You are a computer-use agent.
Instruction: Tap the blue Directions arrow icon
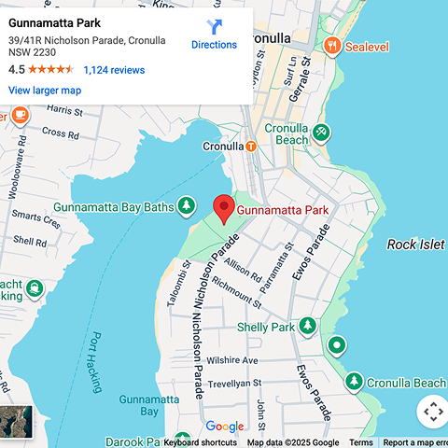click(x=214, y=27)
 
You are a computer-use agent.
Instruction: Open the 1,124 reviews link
click(x=114, y=70)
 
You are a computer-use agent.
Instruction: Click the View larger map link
click(x=45, y=91)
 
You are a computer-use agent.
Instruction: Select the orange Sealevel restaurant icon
click(x=331, y=45)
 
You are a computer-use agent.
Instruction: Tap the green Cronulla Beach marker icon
click(x=321, y=133)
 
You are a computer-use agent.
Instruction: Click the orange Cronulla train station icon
click(x=251, y=147)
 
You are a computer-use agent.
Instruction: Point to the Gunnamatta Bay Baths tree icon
click(x=188, y=205)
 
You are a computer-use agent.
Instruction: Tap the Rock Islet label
click(x=416, y=245)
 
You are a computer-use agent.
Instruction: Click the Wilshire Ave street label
click(x=231, y=360)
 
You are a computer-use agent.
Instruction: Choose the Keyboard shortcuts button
click(x=200, y=442)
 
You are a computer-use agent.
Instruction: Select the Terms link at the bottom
click(x=360, y=442)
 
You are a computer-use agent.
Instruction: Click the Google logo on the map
click(x=224, y=427)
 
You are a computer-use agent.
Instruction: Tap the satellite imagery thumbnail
click(x=16, y=422)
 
